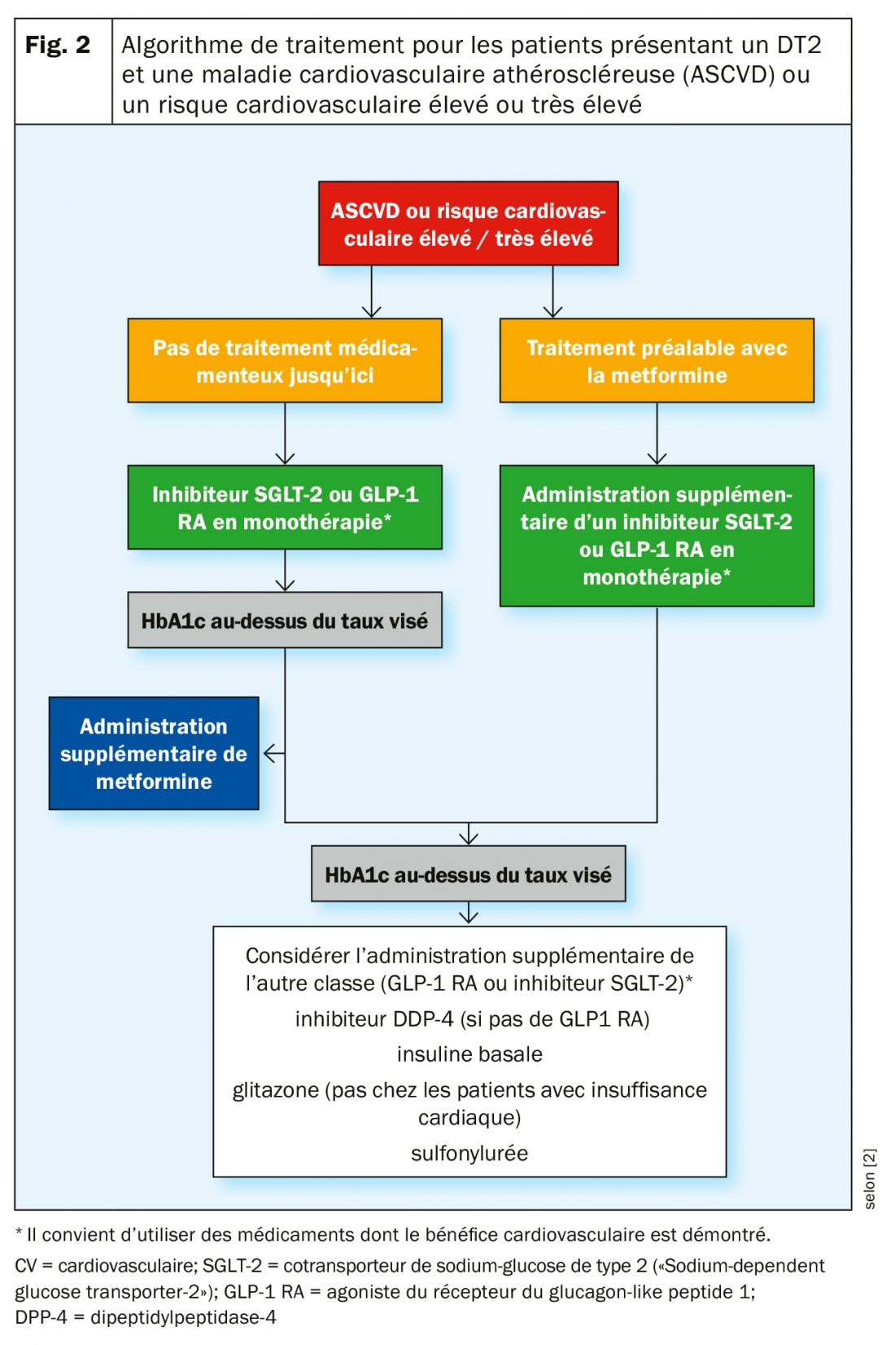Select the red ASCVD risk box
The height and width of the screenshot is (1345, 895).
point(468,224)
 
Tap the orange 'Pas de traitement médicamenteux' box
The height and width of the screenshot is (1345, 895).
point(285,361)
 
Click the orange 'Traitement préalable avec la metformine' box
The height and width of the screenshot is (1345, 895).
point(657,361)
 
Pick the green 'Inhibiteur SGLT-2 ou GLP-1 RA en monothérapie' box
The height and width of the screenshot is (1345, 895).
point(285,507)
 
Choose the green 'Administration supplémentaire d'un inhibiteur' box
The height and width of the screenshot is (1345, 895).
point(657,536)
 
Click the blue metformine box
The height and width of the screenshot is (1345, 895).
point(154,753)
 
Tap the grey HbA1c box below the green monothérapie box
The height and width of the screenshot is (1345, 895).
point(285,620)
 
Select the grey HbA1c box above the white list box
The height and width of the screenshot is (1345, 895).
point(468,874)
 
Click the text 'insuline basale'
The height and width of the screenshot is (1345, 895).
point(469,1054)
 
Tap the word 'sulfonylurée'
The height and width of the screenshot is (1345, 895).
point(469,1154)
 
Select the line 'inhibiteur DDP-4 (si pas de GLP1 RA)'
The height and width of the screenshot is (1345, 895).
point(472,1019)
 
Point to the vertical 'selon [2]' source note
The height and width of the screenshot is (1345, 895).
point(870,1178)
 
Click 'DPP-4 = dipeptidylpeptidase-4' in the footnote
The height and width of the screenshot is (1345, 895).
point(146,1317)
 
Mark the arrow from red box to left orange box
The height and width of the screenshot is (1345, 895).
point(372,293)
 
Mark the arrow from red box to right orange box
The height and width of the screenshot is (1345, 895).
point(553,293)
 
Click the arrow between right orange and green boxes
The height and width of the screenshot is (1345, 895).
point(657,436)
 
